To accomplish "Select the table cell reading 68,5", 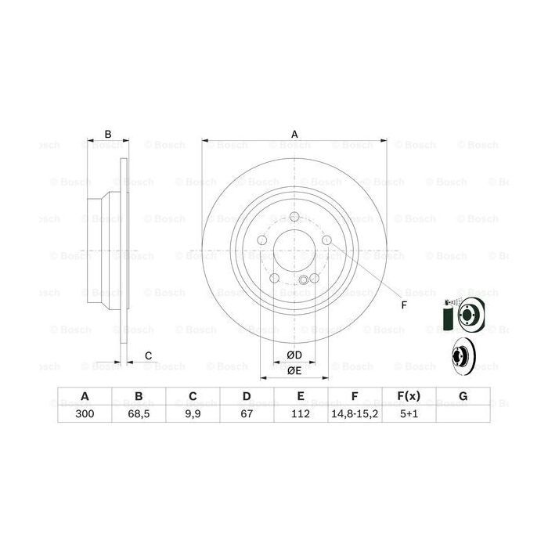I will pyautogui.click(x=139, y=413).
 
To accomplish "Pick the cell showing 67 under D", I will pyautogui.click(x=247, y=413).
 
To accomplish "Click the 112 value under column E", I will pyautogui.click(x=301, y=413).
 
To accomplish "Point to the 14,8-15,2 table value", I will pyautogui.click(x=355, y=413).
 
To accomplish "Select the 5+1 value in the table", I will pyautogui.click(x=408, y=413).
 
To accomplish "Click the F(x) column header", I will pyautogui.click(x=408, y=396).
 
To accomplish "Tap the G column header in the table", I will pyautogui.click(x=463, y=396).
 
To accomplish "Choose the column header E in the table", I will pyautogui.click(x=301, y=396).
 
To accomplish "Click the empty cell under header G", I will pyautogui.click(x=463, y=413).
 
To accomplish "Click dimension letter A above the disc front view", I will pyautogui.click(x=295, y=134).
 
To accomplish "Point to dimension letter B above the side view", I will pyautogui.click(x=108, y=134).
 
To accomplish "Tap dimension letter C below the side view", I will pyautogui.click(x=147, y=357).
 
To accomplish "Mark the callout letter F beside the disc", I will pyautogui.click(x=404, y=305).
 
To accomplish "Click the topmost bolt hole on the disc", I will pyautogui.click(x=294, y=218).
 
